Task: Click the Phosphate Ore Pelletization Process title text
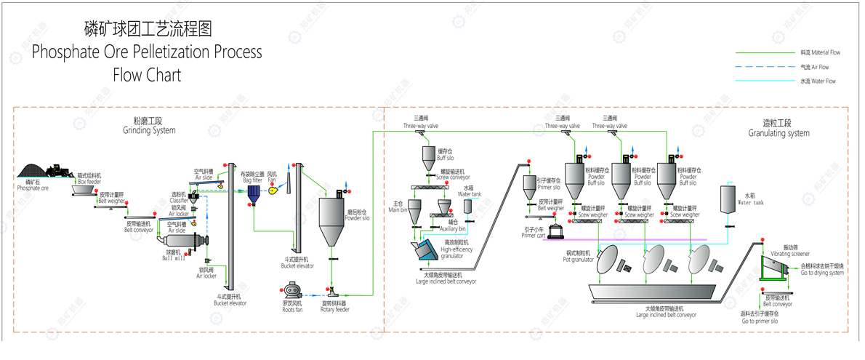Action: (x=147, y=52)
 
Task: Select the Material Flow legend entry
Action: (x=820, y=52)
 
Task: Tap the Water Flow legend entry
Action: (x=818, y=81)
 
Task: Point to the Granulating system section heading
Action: (x=778, y=133)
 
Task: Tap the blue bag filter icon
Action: (x=254, y=193)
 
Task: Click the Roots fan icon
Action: (x=293, y=289)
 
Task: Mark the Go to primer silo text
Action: (x=760, y=321)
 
